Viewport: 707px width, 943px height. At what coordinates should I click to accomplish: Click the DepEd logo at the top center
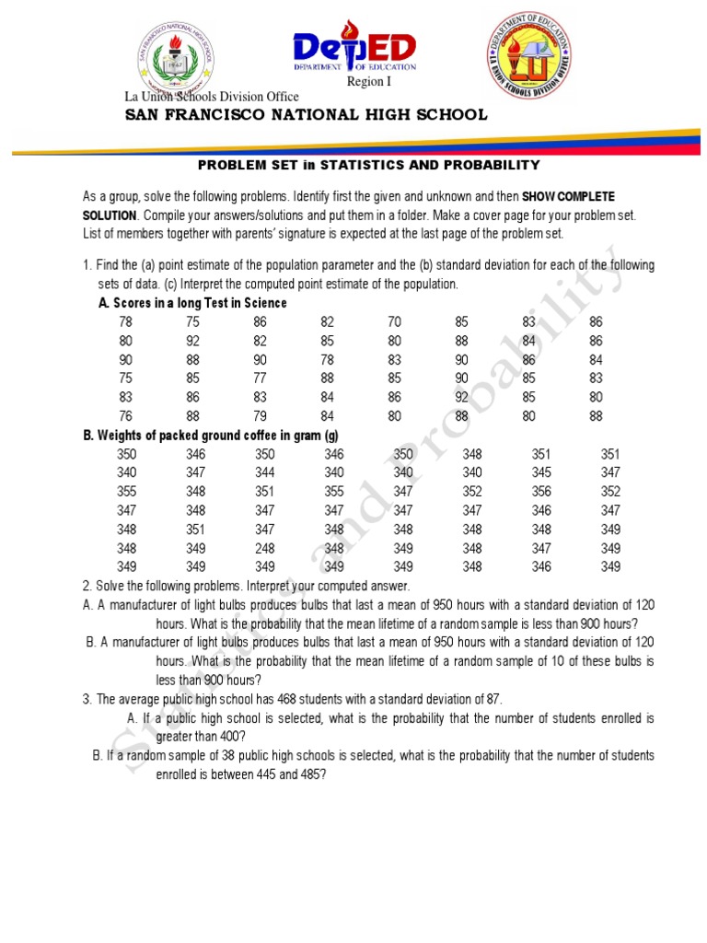[354, 53]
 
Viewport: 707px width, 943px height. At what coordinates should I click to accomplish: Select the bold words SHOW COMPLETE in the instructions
[568, 197]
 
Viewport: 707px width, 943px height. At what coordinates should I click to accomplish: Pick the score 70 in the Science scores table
[395, 322]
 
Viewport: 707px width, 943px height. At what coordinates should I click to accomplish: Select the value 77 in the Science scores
[261, 378]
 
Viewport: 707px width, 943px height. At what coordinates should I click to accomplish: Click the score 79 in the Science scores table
[261, 416]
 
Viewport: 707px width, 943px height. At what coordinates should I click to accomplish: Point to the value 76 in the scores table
[126, 416]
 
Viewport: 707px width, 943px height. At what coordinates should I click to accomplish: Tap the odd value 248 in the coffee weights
[265, 548]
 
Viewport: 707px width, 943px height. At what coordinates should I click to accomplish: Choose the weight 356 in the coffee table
[541, 492]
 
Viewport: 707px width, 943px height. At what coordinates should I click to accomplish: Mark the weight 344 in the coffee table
[265, 473]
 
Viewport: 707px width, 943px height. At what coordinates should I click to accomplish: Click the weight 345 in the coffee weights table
[541, 473]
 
